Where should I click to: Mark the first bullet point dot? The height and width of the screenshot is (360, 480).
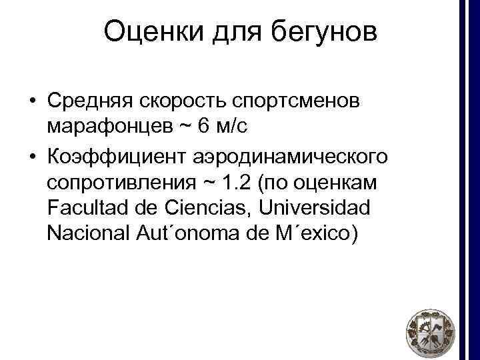coord(32,101)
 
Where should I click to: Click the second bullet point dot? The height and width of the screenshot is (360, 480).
coord(32,155)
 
